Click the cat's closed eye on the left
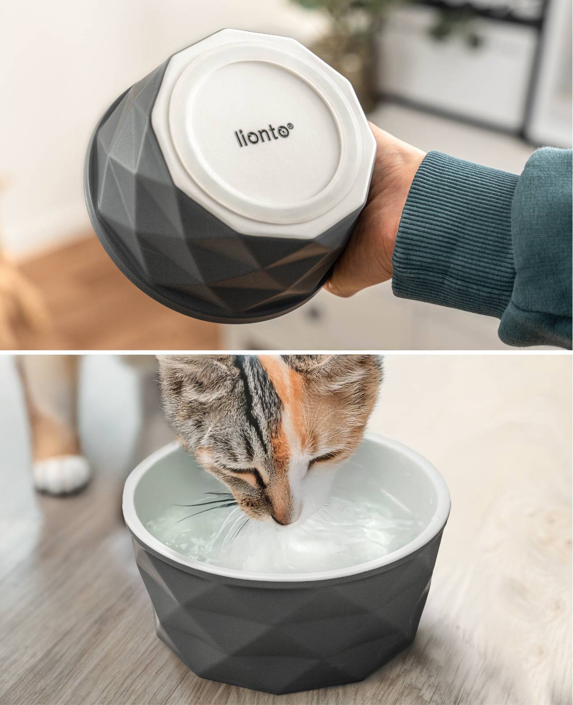point(253,478)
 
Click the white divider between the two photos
point(286,351)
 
